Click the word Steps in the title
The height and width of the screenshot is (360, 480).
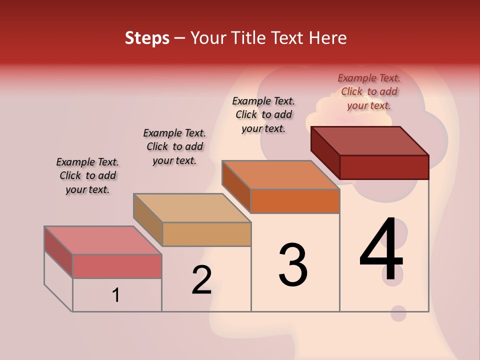147,38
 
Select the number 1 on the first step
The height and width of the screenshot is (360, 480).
115,295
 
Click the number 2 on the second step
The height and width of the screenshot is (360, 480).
201,280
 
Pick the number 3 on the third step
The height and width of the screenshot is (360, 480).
293,265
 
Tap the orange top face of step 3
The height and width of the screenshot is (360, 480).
281,175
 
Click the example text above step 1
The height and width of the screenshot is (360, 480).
87,175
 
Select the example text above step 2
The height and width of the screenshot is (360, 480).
174,146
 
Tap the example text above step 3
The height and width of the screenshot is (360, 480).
263,114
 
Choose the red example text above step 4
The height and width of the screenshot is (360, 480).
369,91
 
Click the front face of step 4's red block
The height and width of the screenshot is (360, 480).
384,167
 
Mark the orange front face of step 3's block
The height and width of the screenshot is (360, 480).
295,201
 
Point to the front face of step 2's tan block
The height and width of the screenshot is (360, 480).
206,234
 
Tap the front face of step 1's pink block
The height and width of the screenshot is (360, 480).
117,266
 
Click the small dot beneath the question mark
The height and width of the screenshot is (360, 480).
398,313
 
